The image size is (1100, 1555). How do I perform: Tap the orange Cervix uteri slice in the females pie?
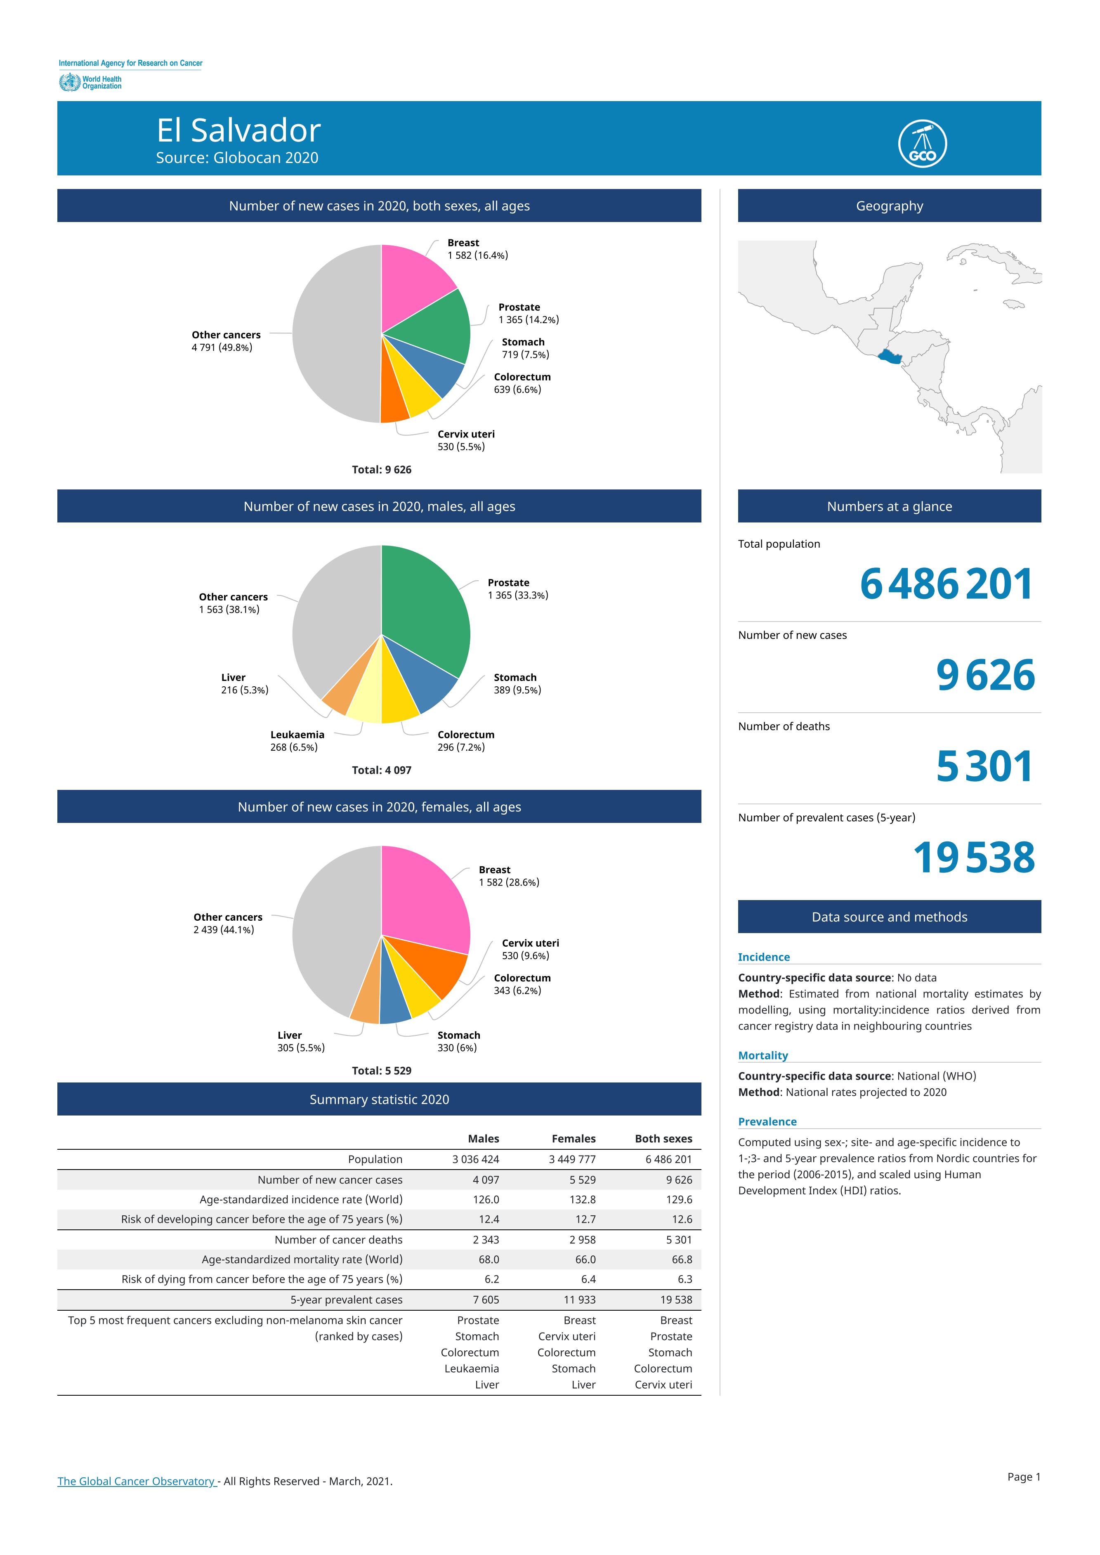point(434,962)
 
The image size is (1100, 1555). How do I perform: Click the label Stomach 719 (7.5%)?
point(525,348)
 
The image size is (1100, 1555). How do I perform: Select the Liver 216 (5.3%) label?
point(245,684)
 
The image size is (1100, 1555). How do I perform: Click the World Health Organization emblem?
point(69,83)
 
